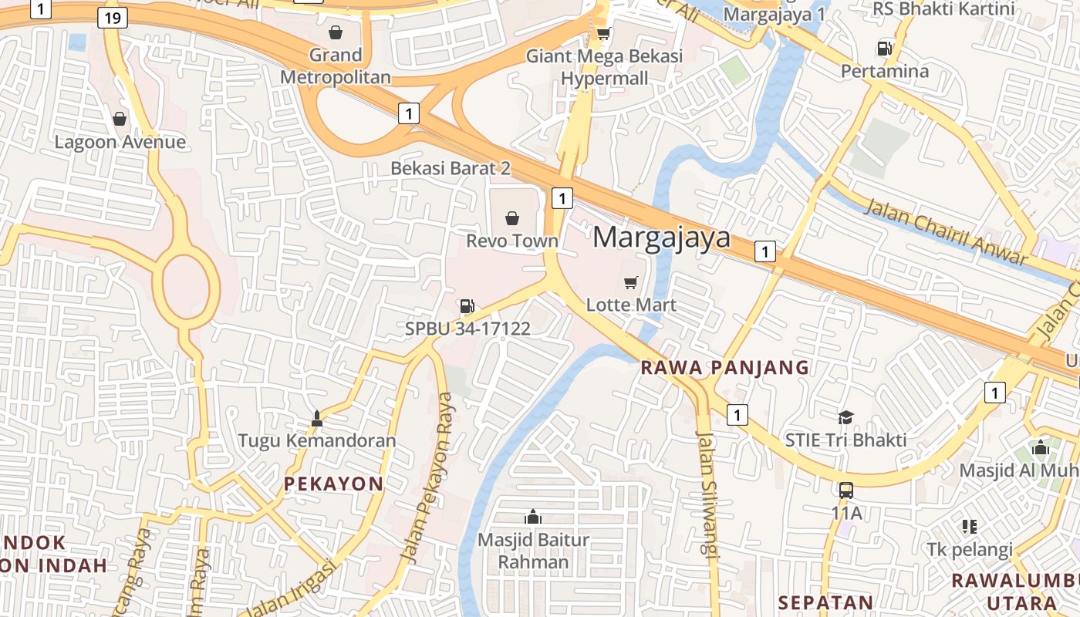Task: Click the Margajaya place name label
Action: tap(661, 237)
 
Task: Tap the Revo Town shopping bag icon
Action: tap(511, 218)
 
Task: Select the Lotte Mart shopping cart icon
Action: tap(631, 282)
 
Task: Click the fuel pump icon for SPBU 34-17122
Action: tap(467, 306)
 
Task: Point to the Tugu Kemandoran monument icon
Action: tap(316, 419)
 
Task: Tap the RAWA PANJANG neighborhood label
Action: tap(725, 368)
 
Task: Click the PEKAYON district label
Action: tap(333, 484)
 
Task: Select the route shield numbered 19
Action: tap(113, 18)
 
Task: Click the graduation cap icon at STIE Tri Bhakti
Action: tap(845, 417)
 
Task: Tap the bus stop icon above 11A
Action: tap(845, 490)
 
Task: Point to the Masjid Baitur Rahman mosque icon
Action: tap(532, 517)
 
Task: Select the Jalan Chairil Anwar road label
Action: tap(946, 232)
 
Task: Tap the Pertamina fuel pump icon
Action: tap(884, 49)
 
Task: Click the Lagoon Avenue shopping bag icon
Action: tap(120, 119)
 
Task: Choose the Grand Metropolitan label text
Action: tap(336, 66)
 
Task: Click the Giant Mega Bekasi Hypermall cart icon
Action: tap(604, 33)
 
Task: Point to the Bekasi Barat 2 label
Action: tap(451, 168)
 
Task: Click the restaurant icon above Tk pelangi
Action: tap(970, 527)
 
